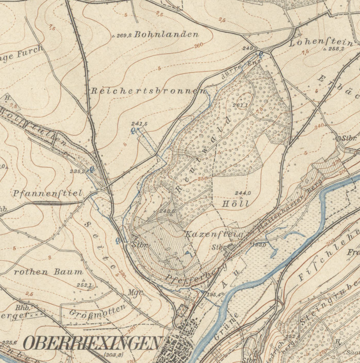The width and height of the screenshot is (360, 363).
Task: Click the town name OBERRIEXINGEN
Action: [92, 343]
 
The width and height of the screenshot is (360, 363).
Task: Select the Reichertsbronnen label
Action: [149, 91]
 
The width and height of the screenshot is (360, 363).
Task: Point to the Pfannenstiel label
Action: [47, 192]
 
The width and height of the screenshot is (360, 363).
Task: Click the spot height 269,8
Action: [122, 35]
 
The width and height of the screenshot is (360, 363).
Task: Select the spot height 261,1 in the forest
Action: [240, 105]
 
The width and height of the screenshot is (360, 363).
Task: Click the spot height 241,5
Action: [139, 124]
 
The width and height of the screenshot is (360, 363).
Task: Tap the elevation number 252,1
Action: [84, 285]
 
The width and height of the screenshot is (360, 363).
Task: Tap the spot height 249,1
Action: [250, 49]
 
